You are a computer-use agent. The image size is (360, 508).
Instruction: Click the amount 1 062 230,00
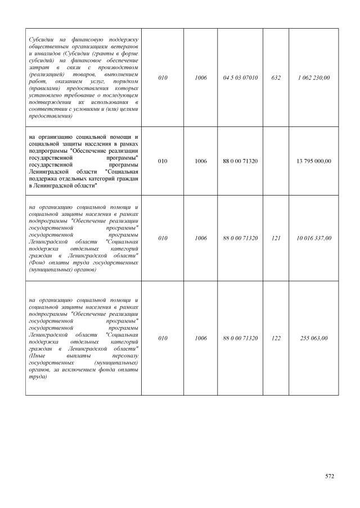pyautogui.click(x=314, y=78)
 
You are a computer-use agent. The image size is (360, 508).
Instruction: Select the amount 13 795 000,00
pyautogui.click(x=314, y=161)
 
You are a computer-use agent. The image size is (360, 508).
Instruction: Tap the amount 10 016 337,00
pyautogui.click(x=314, y=238)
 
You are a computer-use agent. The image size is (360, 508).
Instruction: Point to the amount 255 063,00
pyautogui.click(x=314, y=338)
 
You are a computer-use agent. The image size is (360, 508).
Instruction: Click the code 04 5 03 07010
pyautogui.click(x=240, y=78)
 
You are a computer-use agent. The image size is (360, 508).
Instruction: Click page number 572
pyautogui.click(x=330, y=476)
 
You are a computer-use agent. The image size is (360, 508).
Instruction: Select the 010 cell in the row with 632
pyautogui.click(x=163, y=78)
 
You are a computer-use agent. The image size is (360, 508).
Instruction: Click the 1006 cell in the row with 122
pyautogui.click(x=201, y=338)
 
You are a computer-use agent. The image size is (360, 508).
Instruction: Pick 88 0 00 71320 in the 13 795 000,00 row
pyautogui.click(x=240, y=161)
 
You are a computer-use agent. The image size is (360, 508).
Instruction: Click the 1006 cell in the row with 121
pyautogui.click(x=201, y=238)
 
